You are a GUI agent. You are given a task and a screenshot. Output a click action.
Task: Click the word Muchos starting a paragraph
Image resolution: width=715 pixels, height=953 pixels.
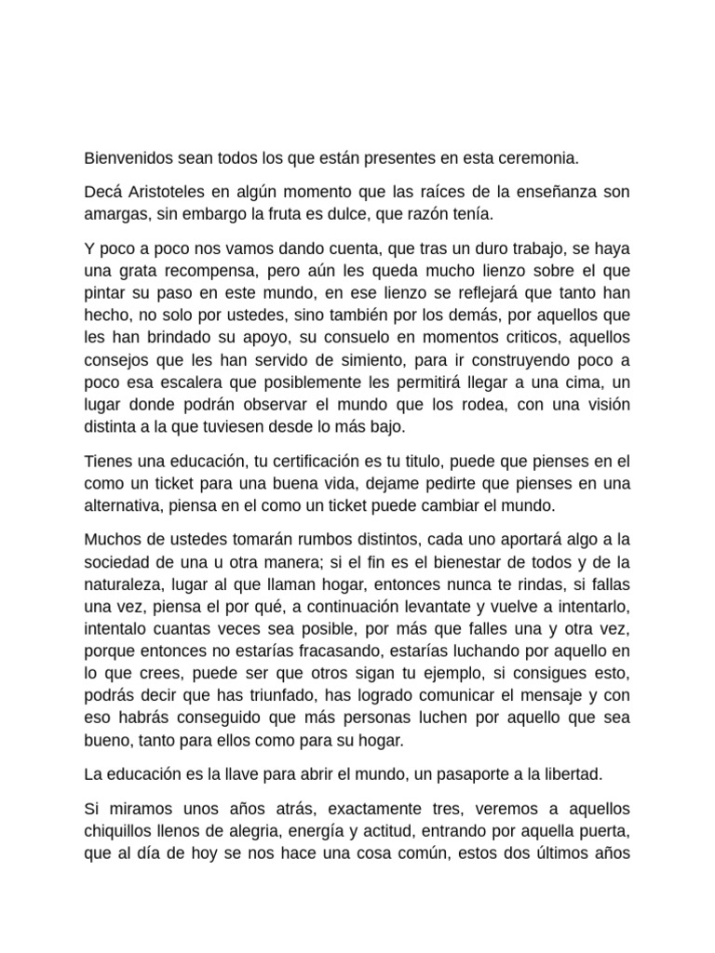112,539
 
